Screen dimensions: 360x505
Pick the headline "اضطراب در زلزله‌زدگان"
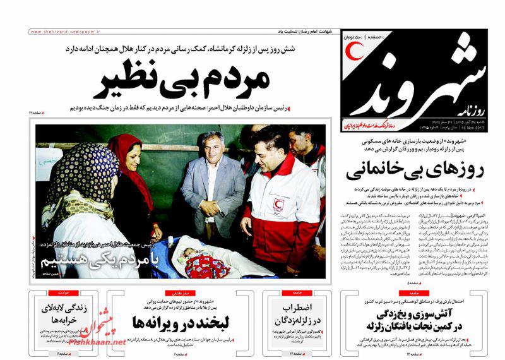pyautogui.click(x=295, y=313)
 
